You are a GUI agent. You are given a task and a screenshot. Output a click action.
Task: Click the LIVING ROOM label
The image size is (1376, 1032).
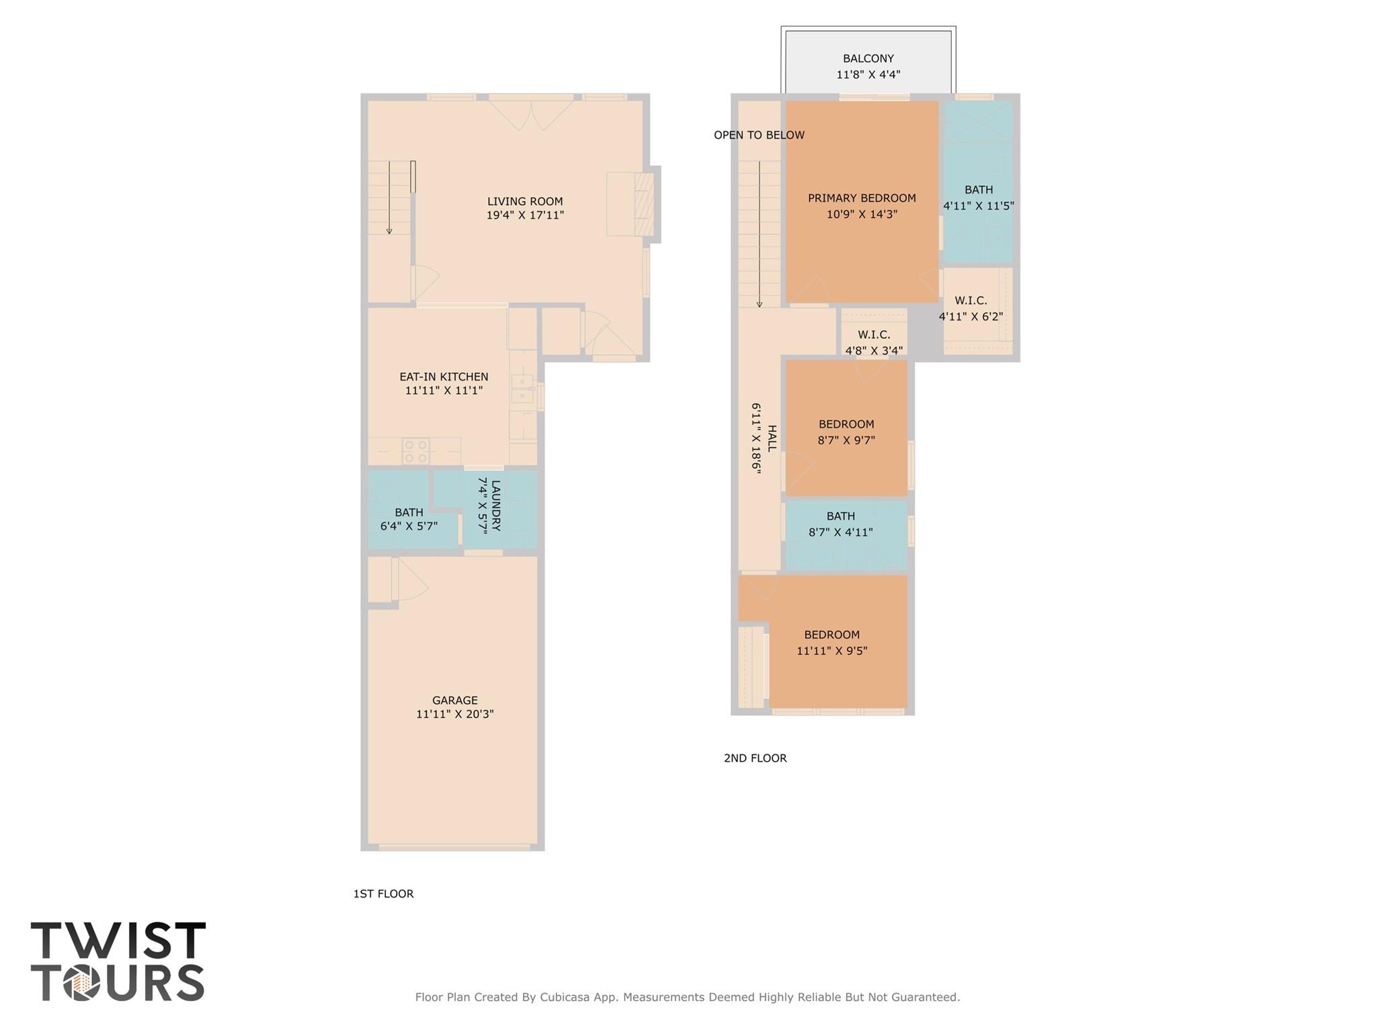524,201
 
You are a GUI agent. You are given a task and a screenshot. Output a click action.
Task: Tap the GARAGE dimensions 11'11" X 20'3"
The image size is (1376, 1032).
454,714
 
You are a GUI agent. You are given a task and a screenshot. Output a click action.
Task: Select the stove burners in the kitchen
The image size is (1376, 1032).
415,451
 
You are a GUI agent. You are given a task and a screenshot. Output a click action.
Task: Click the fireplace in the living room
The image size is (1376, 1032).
643,204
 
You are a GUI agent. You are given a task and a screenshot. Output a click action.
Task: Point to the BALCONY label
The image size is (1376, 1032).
868,58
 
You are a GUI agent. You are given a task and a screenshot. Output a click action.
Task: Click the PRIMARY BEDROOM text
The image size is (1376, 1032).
861,198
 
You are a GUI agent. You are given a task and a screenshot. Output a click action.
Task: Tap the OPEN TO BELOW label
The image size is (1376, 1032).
759,135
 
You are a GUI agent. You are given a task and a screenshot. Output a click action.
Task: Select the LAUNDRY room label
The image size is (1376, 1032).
496,506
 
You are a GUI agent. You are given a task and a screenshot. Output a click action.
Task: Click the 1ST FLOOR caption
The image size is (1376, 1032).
383,894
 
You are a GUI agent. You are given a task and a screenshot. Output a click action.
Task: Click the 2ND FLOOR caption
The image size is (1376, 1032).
755,758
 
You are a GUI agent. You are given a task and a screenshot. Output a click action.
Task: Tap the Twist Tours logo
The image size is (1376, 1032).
118,961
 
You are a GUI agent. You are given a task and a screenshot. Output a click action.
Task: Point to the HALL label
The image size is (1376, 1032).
772,438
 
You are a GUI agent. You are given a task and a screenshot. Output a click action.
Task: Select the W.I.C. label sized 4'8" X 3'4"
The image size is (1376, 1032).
873,335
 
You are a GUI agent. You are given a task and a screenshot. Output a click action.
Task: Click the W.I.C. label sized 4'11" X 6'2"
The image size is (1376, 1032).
970,301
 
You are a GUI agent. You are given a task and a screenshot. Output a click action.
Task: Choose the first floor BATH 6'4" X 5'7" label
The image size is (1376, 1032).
409,512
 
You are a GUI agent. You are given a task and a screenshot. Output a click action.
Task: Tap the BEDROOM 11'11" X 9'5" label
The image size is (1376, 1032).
832,635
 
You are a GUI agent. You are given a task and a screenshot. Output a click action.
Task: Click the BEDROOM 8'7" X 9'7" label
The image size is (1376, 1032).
846,424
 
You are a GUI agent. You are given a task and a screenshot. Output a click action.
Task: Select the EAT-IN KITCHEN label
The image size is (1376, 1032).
444,376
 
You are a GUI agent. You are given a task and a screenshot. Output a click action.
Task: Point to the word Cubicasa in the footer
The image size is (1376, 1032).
565,997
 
